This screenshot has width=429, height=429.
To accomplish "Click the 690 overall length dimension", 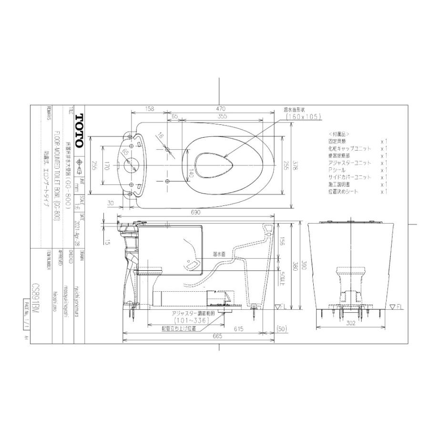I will coord(195,212).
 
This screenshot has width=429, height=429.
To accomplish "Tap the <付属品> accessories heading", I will coord(338,134).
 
